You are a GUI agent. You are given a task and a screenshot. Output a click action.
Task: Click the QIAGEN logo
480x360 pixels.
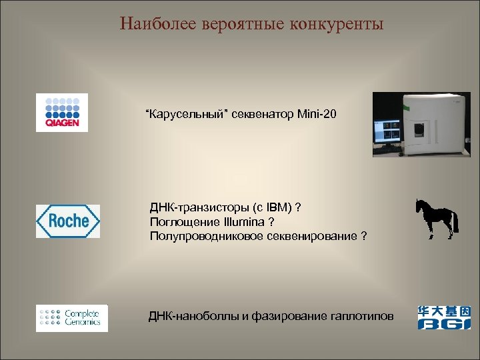point(62,112)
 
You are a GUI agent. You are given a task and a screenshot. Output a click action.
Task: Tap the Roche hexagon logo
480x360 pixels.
point(67,221)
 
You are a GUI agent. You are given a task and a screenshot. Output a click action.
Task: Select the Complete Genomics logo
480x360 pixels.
point(71,317)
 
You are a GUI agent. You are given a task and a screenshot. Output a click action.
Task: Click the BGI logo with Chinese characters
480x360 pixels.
point(443,317)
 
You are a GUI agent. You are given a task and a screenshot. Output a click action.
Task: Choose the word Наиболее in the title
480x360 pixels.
point(153,25)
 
